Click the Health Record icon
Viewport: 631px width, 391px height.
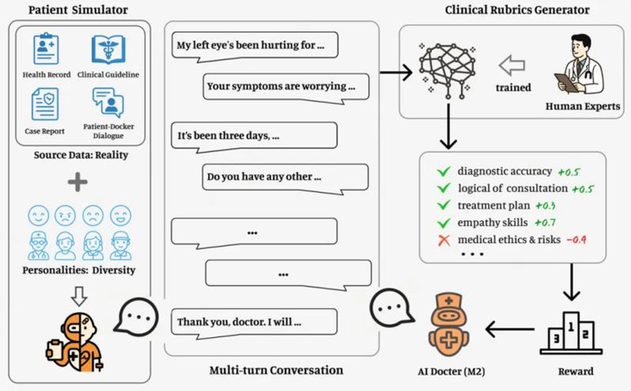tap(46, 49)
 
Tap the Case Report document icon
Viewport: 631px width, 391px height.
tap(45, 104)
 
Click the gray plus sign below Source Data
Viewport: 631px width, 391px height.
tap(78, 182)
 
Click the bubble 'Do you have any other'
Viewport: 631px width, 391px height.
tap(285, 176)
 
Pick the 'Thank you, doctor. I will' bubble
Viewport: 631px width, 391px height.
tap(255, 322)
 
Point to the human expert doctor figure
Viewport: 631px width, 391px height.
tap(582, 65)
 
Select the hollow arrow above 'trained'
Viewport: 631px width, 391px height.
tap(512, 65)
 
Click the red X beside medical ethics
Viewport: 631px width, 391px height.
tap(444, 240)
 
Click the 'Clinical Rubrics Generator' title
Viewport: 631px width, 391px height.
tap(517, 10)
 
